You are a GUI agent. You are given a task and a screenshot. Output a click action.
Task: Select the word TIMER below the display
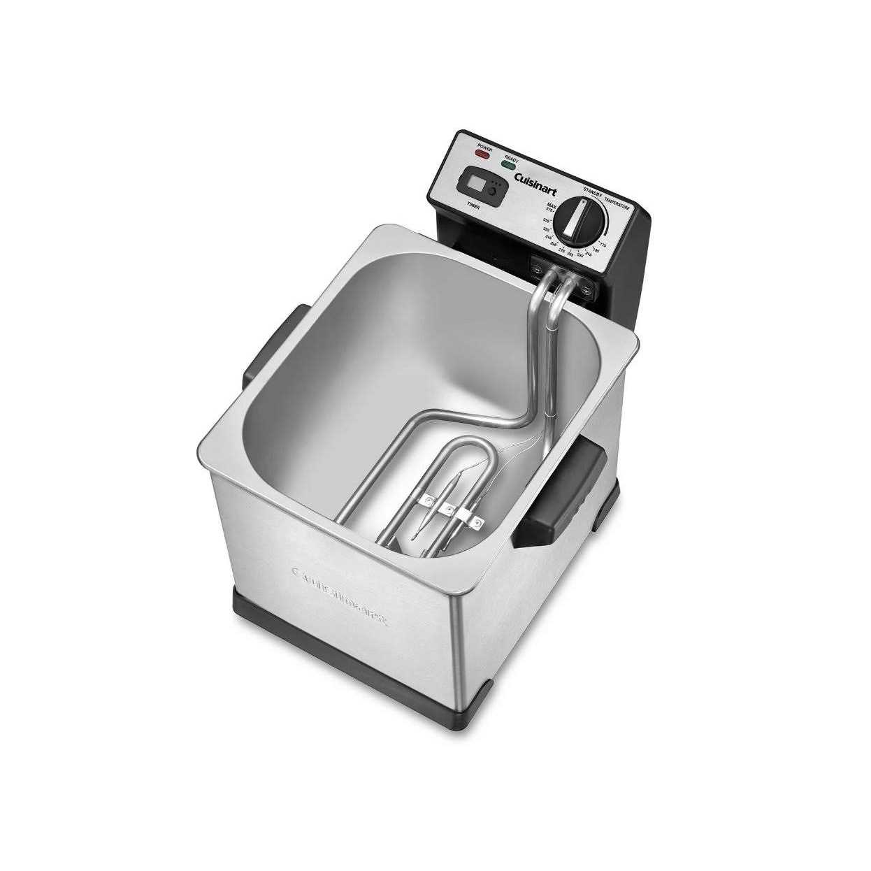point(474,205)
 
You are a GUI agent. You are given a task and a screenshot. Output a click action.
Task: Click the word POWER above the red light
point(484,147)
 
